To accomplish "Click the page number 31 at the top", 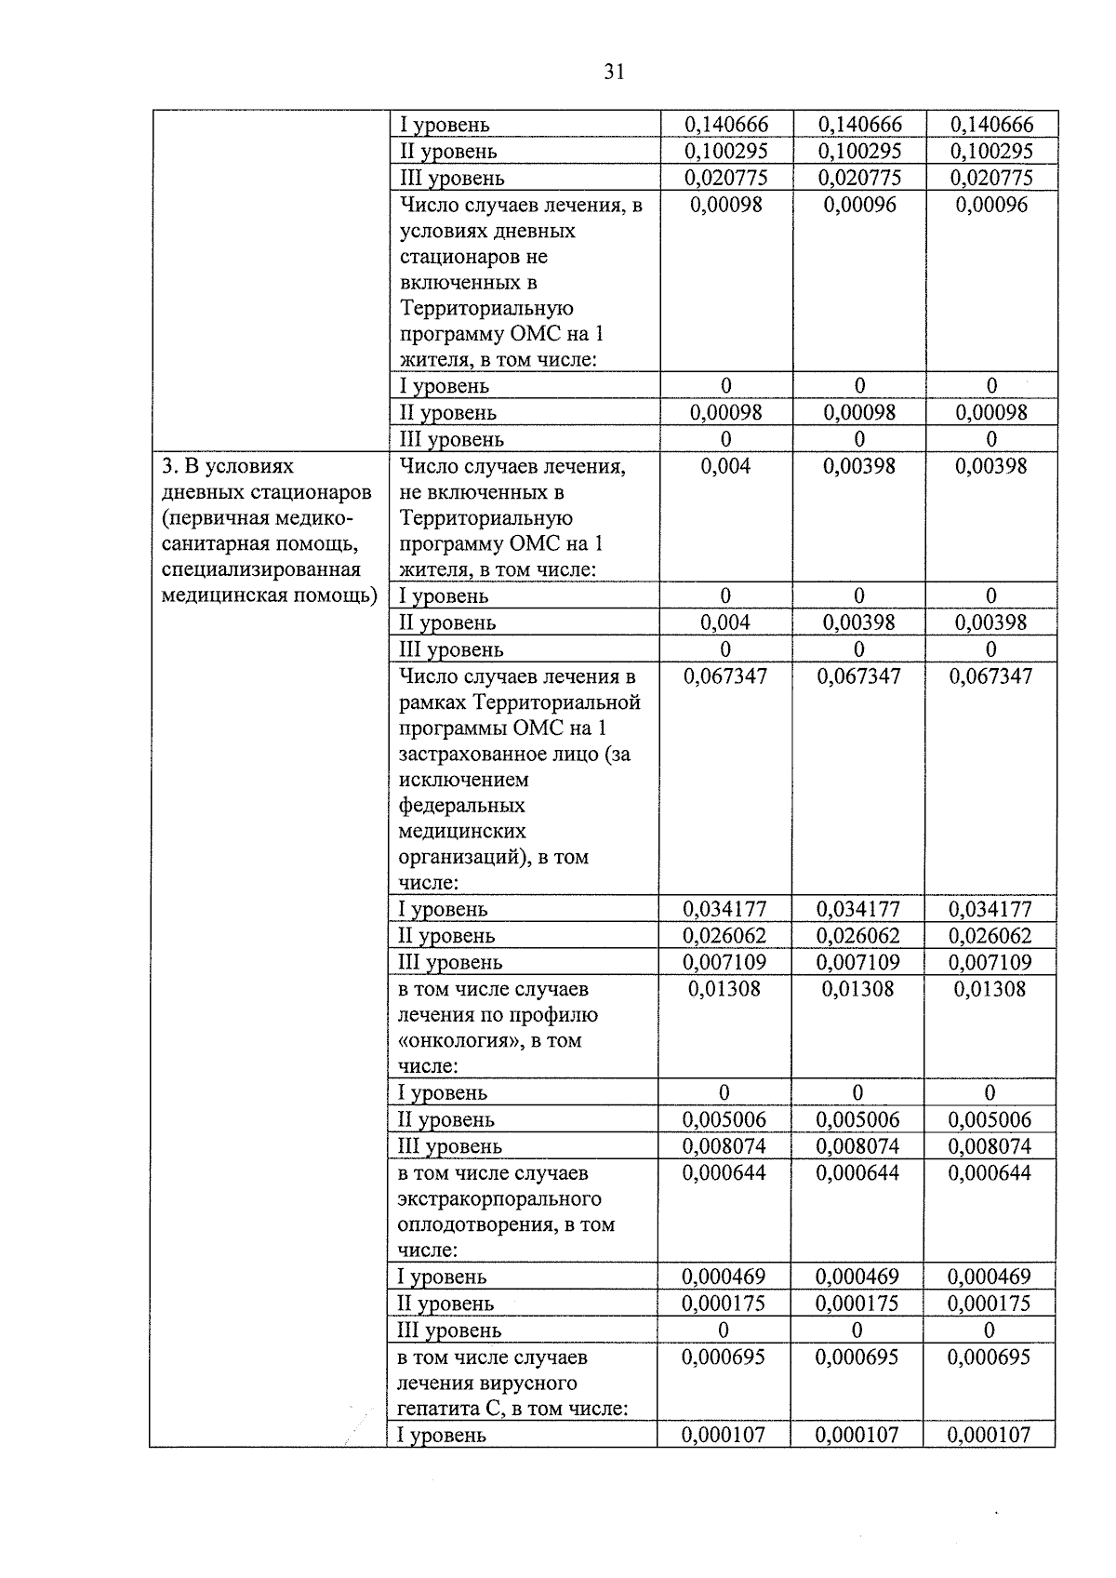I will [613, 73].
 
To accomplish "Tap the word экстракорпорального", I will [499, 1199].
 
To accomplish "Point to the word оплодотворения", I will [477, 1225].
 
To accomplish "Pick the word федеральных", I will [461, 806].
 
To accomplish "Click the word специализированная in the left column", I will [260, 569].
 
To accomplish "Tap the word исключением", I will [463, 780].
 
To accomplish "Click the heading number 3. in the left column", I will [169, 466].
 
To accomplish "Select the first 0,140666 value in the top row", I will [725, 125].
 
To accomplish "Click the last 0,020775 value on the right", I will [993, 178].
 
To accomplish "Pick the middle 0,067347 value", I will [858, 676].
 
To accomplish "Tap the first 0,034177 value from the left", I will [724, 909].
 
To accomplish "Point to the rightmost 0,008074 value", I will [990, 1146].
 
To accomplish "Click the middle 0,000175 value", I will [857, 1304].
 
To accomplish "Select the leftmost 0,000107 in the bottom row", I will [723, 1435].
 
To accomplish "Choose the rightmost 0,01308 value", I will [990, 989].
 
